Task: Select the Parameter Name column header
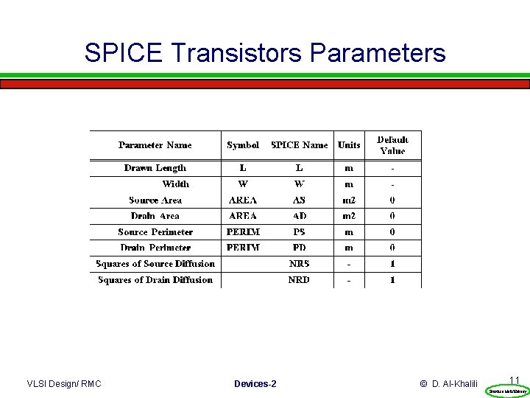[155, 145]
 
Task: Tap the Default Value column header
[392, 145]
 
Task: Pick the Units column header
[349, 145]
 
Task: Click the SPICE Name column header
[300, 145]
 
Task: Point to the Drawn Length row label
[155, 168]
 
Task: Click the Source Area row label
[155, 200]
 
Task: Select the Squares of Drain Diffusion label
[155, 280]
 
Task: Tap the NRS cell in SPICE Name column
[299, 264]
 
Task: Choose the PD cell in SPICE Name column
[299, 248]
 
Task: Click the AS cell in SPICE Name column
[299, 200]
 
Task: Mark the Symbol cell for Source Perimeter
[243, 231]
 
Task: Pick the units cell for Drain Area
[349, 216]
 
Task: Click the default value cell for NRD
[392, 280]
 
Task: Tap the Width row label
[175, 184]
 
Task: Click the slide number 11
[515, 380]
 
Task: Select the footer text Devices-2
[255, 384]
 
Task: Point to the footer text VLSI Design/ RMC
[64, 384]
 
